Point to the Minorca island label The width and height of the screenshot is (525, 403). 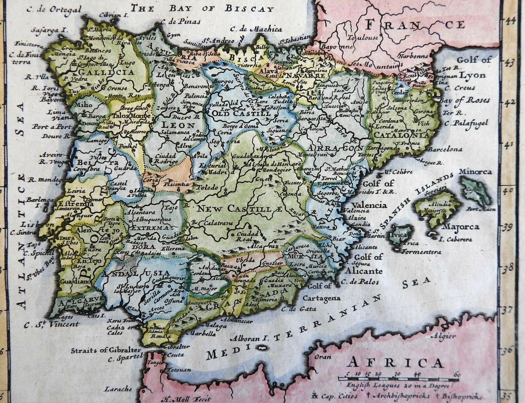[475, 172]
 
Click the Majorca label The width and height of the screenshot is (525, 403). [461, 227]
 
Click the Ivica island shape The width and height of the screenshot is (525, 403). [398, 234]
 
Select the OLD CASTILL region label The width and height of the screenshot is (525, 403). [241, 114]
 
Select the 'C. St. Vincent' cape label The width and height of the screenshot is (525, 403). [52, 324]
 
